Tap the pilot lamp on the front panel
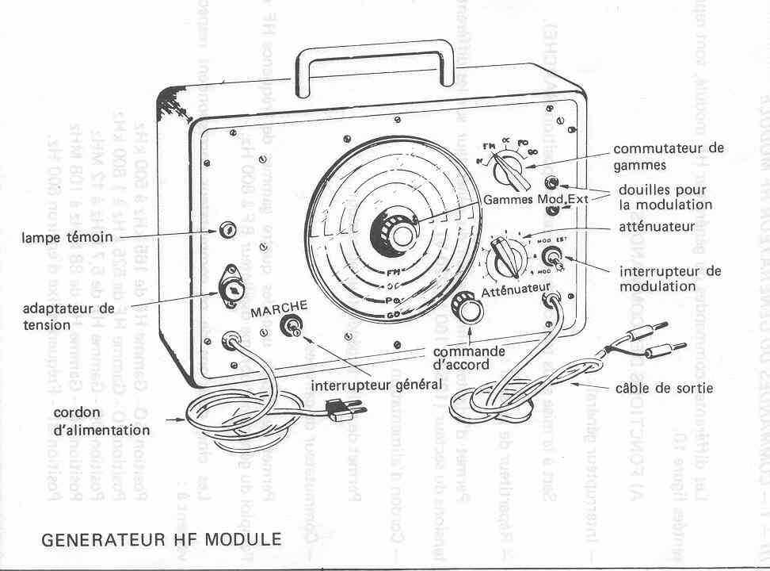(227, 230)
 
